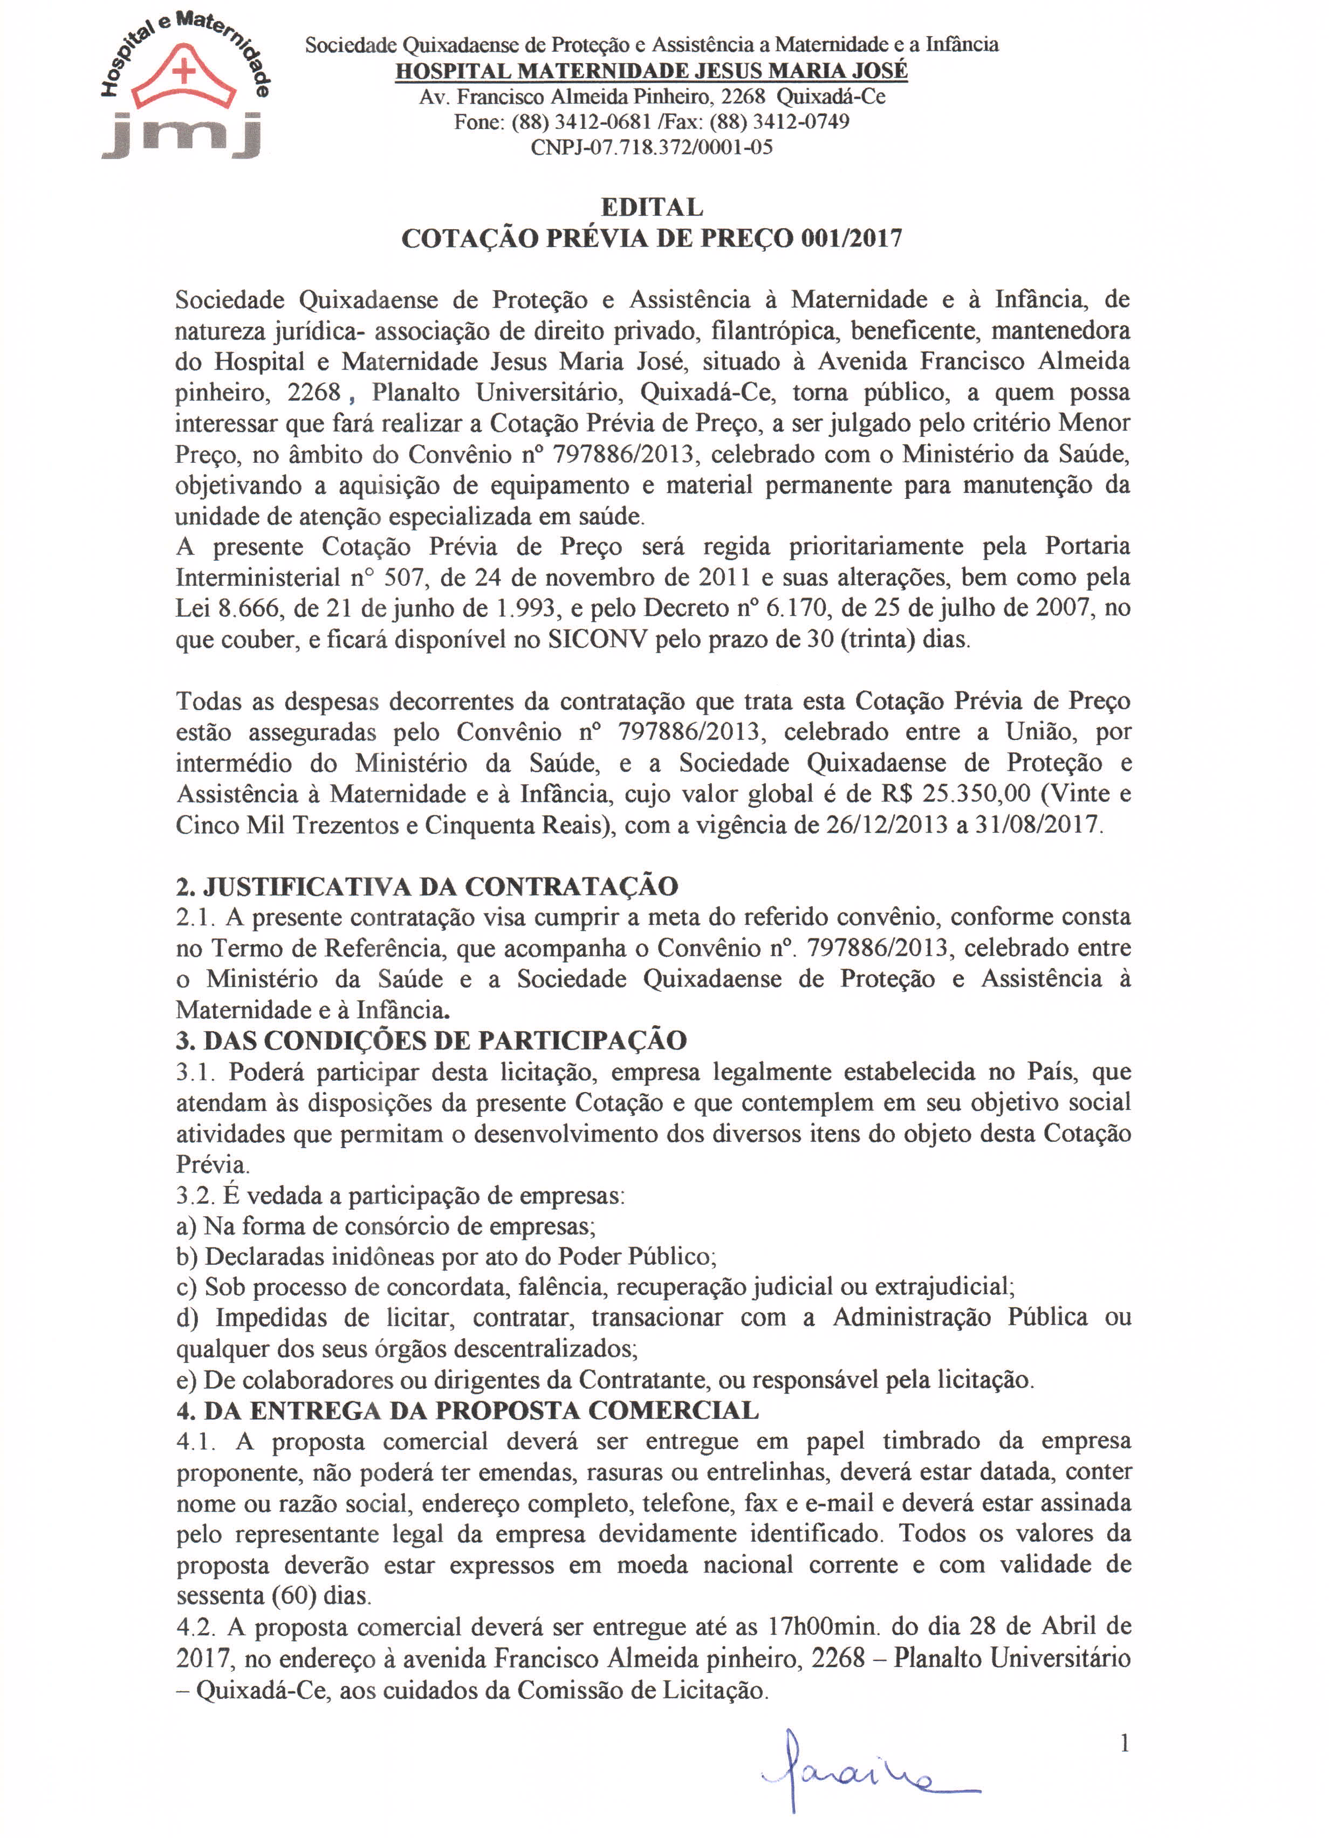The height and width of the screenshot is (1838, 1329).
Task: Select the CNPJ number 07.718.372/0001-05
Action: point(674,147)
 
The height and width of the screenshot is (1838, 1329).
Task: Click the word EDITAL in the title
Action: point(652,208)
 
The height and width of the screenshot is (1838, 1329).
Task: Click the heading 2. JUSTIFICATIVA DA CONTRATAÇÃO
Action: point(427,887)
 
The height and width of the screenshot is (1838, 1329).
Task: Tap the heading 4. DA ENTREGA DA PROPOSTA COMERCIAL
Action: point(468,1411)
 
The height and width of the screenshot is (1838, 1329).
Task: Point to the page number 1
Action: point(1124,1744)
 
